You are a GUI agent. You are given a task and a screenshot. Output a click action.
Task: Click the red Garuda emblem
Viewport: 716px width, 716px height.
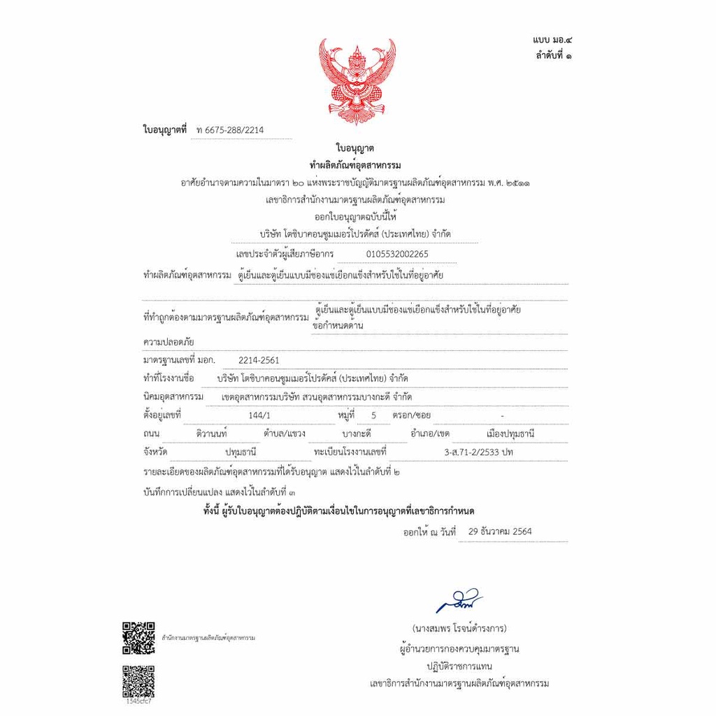pyautogui.click(x=357, y=80)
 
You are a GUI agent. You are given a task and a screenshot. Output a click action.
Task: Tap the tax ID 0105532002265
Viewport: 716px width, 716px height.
pyautogui.click(x=397, y=254)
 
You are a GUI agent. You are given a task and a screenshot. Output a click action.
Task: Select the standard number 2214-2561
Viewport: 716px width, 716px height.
pyautogui.click(x=259, y=360)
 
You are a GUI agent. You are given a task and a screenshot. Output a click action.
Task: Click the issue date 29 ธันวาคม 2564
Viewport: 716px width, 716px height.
pyautogui.click(x=500, y=531)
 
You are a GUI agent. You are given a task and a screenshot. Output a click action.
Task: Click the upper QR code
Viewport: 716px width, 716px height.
pyautogui.click(x=138, y=638)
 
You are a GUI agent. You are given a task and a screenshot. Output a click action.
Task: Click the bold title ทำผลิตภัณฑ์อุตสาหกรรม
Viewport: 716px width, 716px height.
pyautogui.click(x=355, y=166)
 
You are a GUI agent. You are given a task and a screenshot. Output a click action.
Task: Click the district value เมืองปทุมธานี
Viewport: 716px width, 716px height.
pyautogui.click(x=510, y=434)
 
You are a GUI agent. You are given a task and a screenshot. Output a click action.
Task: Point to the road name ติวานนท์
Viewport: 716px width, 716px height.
pyautogui.click(x=213, y=434)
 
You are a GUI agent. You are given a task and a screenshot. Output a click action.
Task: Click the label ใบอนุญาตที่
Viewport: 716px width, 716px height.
pyautogui.click(x=165, y=130)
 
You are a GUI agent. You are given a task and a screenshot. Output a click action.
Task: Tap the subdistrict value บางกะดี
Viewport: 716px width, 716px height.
pyautogui.click(x=357, y=434)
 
